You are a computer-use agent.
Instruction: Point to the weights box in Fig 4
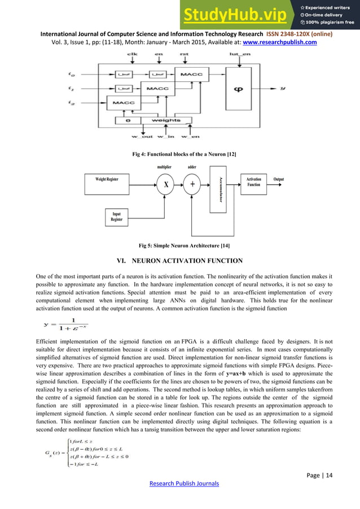[x=165, y=120]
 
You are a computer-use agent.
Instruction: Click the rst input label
[x=183, y=55]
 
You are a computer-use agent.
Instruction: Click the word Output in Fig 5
[x=279, y=179]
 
